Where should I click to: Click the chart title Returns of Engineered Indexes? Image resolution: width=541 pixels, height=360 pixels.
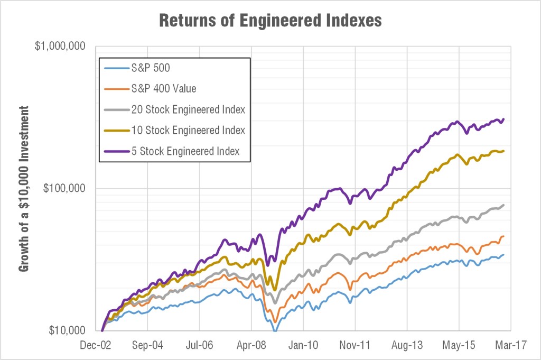270,21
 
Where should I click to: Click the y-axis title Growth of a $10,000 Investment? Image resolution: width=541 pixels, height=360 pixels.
24,188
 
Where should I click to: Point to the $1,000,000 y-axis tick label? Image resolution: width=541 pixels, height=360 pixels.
60,46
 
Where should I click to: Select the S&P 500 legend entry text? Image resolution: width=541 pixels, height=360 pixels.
151,68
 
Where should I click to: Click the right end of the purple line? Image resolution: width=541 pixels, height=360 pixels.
503,119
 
